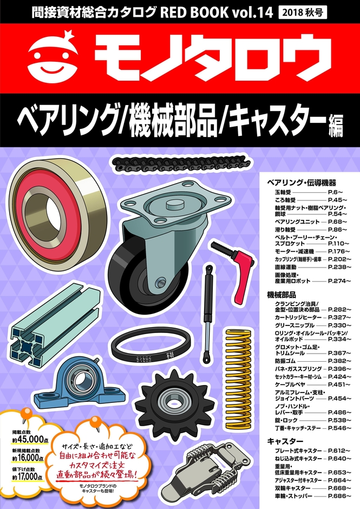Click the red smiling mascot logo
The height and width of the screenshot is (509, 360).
(53, 58)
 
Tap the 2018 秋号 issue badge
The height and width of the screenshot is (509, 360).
(303, 12)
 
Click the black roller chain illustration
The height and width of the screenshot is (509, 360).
(180, 164)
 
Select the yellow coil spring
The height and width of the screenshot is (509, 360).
(240, 379)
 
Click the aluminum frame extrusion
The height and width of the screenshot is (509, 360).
(54, 324)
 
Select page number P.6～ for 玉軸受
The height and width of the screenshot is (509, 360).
(335, 192)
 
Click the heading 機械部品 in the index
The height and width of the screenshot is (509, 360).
(281, 295)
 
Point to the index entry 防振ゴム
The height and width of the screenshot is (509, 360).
(285, 361)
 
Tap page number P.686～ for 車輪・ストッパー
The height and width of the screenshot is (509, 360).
(339, 496)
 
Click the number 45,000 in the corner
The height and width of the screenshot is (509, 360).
(31, 440)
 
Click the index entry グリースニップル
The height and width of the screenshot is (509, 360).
(294, 325)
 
